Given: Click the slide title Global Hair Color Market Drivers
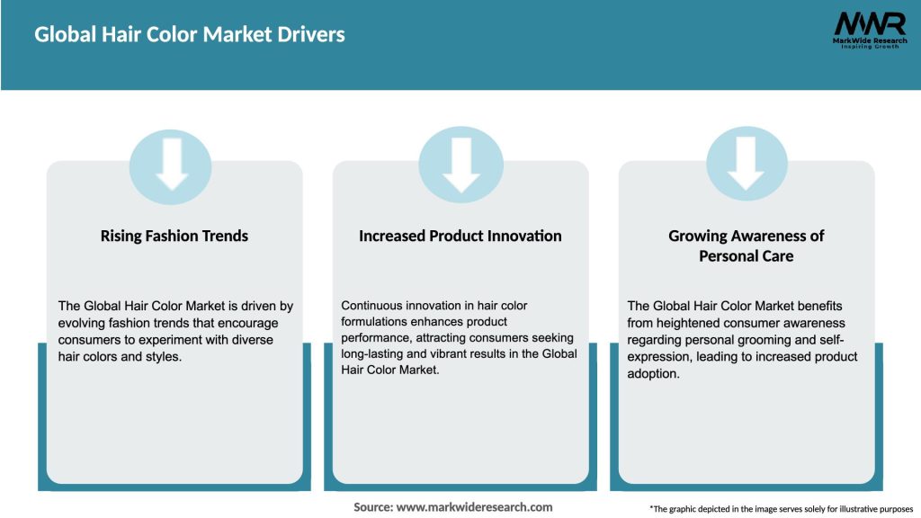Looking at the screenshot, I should [x=190, y=35].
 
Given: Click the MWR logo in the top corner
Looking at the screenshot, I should [x=869, y=25].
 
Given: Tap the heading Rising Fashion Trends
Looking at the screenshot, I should [x=174, y=236].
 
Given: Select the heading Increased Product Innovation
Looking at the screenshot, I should [x=460, y=236].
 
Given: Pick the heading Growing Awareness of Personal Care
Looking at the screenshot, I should [x=747, y=246].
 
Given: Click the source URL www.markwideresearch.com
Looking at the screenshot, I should [x=475, y=507].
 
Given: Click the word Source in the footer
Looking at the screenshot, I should [x=372, y=507].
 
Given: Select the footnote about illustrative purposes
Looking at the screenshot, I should [x=781, y=509].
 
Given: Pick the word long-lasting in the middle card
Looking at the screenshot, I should [x=373, y=353].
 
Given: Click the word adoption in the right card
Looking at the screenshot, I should [x=653, y=373].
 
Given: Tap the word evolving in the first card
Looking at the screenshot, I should [x=82, y=323].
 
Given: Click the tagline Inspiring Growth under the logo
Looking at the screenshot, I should [x=869, y=47].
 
